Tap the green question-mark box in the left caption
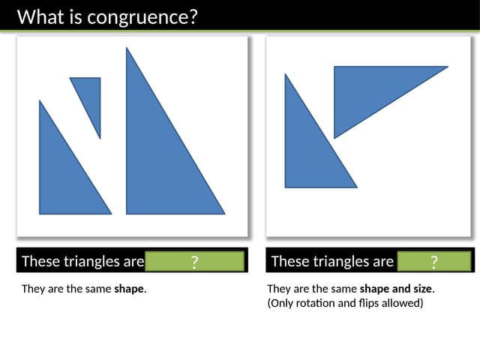point(195,261)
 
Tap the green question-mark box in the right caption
point(434,261)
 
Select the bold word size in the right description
point(421,289)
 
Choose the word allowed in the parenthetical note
point(405,303)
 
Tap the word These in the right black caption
point(289,261)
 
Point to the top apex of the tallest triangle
point(127,48)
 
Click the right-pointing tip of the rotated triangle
point(447,67)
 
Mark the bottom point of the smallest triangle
point(100,138)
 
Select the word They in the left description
point(33,289)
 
